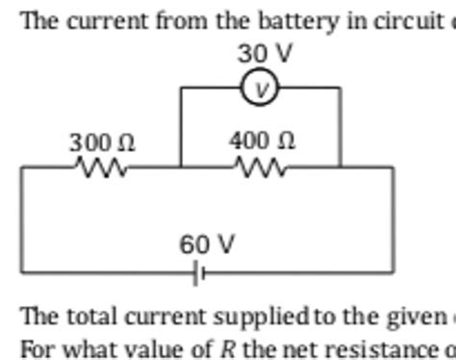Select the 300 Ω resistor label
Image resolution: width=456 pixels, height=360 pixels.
coord(101,142)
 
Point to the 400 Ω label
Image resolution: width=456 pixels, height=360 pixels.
coord(262,141)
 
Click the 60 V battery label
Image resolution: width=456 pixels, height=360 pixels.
coord(207,245)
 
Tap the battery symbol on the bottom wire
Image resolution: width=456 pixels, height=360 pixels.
coord(199,274)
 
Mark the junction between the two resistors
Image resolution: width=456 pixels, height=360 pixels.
coord(181,167)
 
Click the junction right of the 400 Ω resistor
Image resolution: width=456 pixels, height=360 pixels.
coord(341,167)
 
